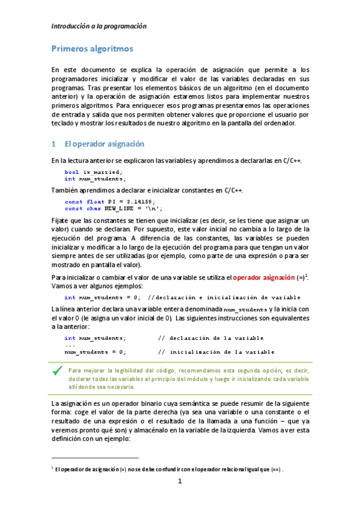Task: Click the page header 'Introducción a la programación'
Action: pyautogui.click(x=99, y=26)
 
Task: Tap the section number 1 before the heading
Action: pyautogui.click(x=53, y=144)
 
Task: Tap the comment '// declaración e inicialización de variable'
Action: pyautogui.click(x=224, y=297)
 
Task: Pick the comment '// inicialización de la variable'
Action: pyautogui.click(x=216, y=352)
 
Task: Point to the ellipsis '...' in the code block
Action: pyautogui.click(x=70, y=345)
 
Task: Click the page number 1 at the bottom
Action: pyautogui.click(x=179, y=482)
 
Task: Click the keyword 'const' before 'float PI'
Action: pyautogui.click(x=73, y=201)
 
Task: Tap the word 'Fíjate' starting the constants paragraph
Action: pyautogui.click(x=61, y=221)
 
